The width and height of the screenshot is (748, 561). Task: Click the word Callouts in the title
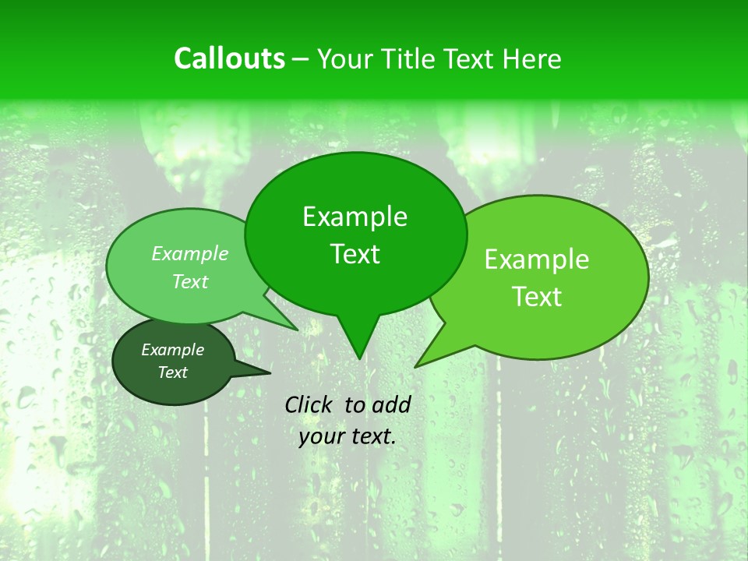click(x=229, y=58)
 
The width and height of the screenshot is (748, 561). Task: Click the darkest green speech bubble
click(x=173, y=362)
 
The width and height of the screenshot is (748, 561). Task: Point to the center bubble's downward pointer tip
click(x=359, y=358)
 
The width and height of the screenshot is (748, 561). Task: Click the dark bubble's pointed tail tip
click(x=270, y=372)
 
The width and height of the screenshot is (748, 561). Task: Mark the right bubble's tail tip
click(x=416, y=366)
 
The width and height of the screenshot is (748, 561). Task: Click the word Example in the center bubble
click(x=355, y=217)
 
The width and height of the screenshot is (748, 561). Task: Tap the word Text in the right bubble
click(x=538, y=296)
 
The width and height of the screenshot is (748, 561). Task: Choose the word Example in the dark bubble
click(x=172, y=350)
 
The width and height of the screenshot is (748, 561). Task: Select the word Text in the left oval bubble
click(x=190, y=281)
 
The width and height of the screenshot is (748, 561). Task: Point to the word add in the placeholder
click(x=391, y=404)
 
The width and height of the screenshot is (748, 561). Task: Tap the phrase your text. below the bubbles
click(x=348, y=436)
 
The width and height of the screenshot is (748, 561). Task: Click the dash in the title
click(x=302, y=58)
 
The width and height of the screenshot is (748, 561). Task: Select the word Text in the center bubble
click(x=355, y=254)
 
